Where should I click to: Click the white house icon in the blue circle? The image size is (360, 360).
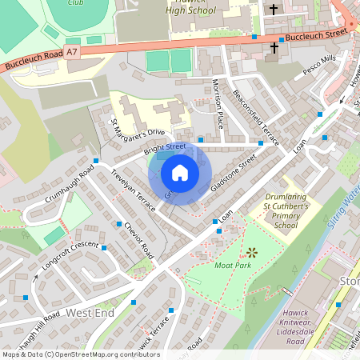pyautogui.click(x=180, y=173)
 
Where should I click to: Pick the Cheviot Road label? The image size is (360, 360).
pyautogui.click(x=138, y=238)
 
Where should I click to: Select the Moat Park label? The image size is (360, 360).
pyautogui.click(x=233, y=264)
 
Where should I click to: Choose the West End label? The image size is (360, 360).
pyautogui.click(x=90, y=312)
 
